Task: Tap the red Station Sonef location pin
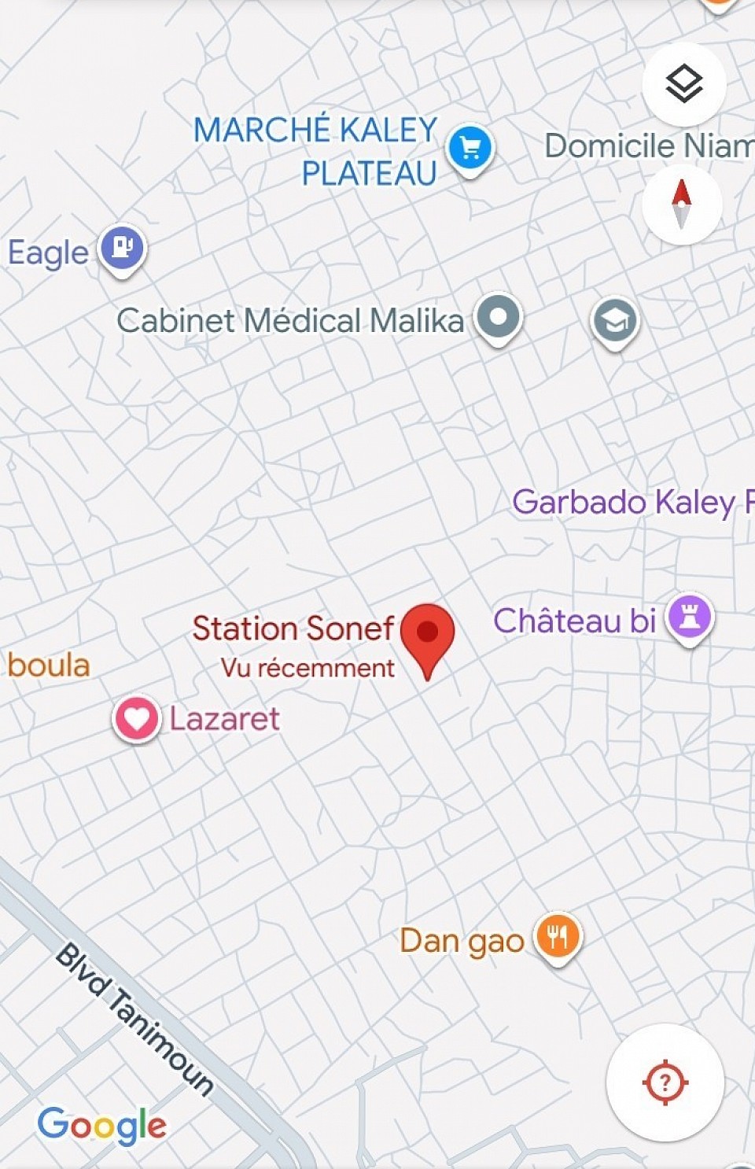(427, 633)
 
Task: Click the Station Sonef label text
(293, 629)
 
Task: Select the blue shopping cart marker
(470, 148)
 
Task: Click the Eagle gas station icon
(122, 249)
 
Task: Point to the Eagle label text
(48, 253)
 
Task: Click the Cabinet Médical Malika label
(290, 321)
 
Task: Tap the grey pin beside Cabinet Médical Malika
(499, 317)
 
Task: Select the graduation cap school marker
(615, 321)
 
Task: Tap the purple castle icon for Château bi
(690, 616)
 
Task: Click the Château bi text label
(575, 621)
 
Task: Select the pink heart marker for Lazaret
(136, 718)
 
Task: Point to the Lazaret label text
(225, 719)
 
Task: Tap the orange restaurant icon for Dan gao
(558, 936)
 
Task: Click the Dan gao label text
(462, 941)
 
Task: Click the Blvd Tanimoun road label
(134, 1019)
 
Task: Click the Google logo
(102, 1125)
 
